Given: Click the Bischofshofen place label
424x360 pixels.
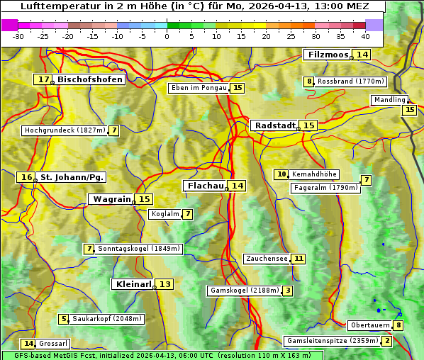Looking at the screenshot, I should pos(90,80).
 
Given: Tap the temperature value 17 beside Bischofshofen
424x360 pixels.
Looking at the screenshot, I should pos(45,80).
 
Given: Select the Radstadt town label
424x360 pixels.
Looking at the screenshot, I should pos(274,125).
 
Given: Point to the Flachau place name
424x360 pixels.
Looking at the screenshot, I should pos(205,186).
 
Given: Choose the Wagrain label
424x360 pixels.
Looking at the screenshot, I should pos(111,199).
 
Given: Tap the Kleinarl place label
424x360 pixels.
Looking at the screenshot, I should pos(133,284).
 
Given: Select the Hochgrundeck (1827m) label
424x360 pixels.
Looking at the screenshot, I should pos(65,130).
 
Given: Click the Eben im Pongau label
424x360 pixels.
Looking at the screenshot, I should pos(199,88).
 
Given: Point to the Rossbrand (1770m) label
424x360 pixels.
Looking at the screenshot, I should pos(350,81).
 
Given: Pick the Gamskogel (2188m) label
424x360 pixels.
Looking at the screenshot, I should pos(245,291).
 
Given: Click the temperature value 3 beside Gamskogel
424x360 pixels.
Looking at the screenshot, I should pos(288,291).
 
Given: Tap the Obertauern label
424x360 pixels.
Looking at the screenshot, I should pos(370,325).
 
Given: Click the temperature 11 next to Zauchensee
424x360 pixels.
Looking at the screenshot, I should pos(299,259).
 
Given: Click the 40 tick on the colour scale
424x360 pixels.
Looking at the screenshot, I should pos(365,36).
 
